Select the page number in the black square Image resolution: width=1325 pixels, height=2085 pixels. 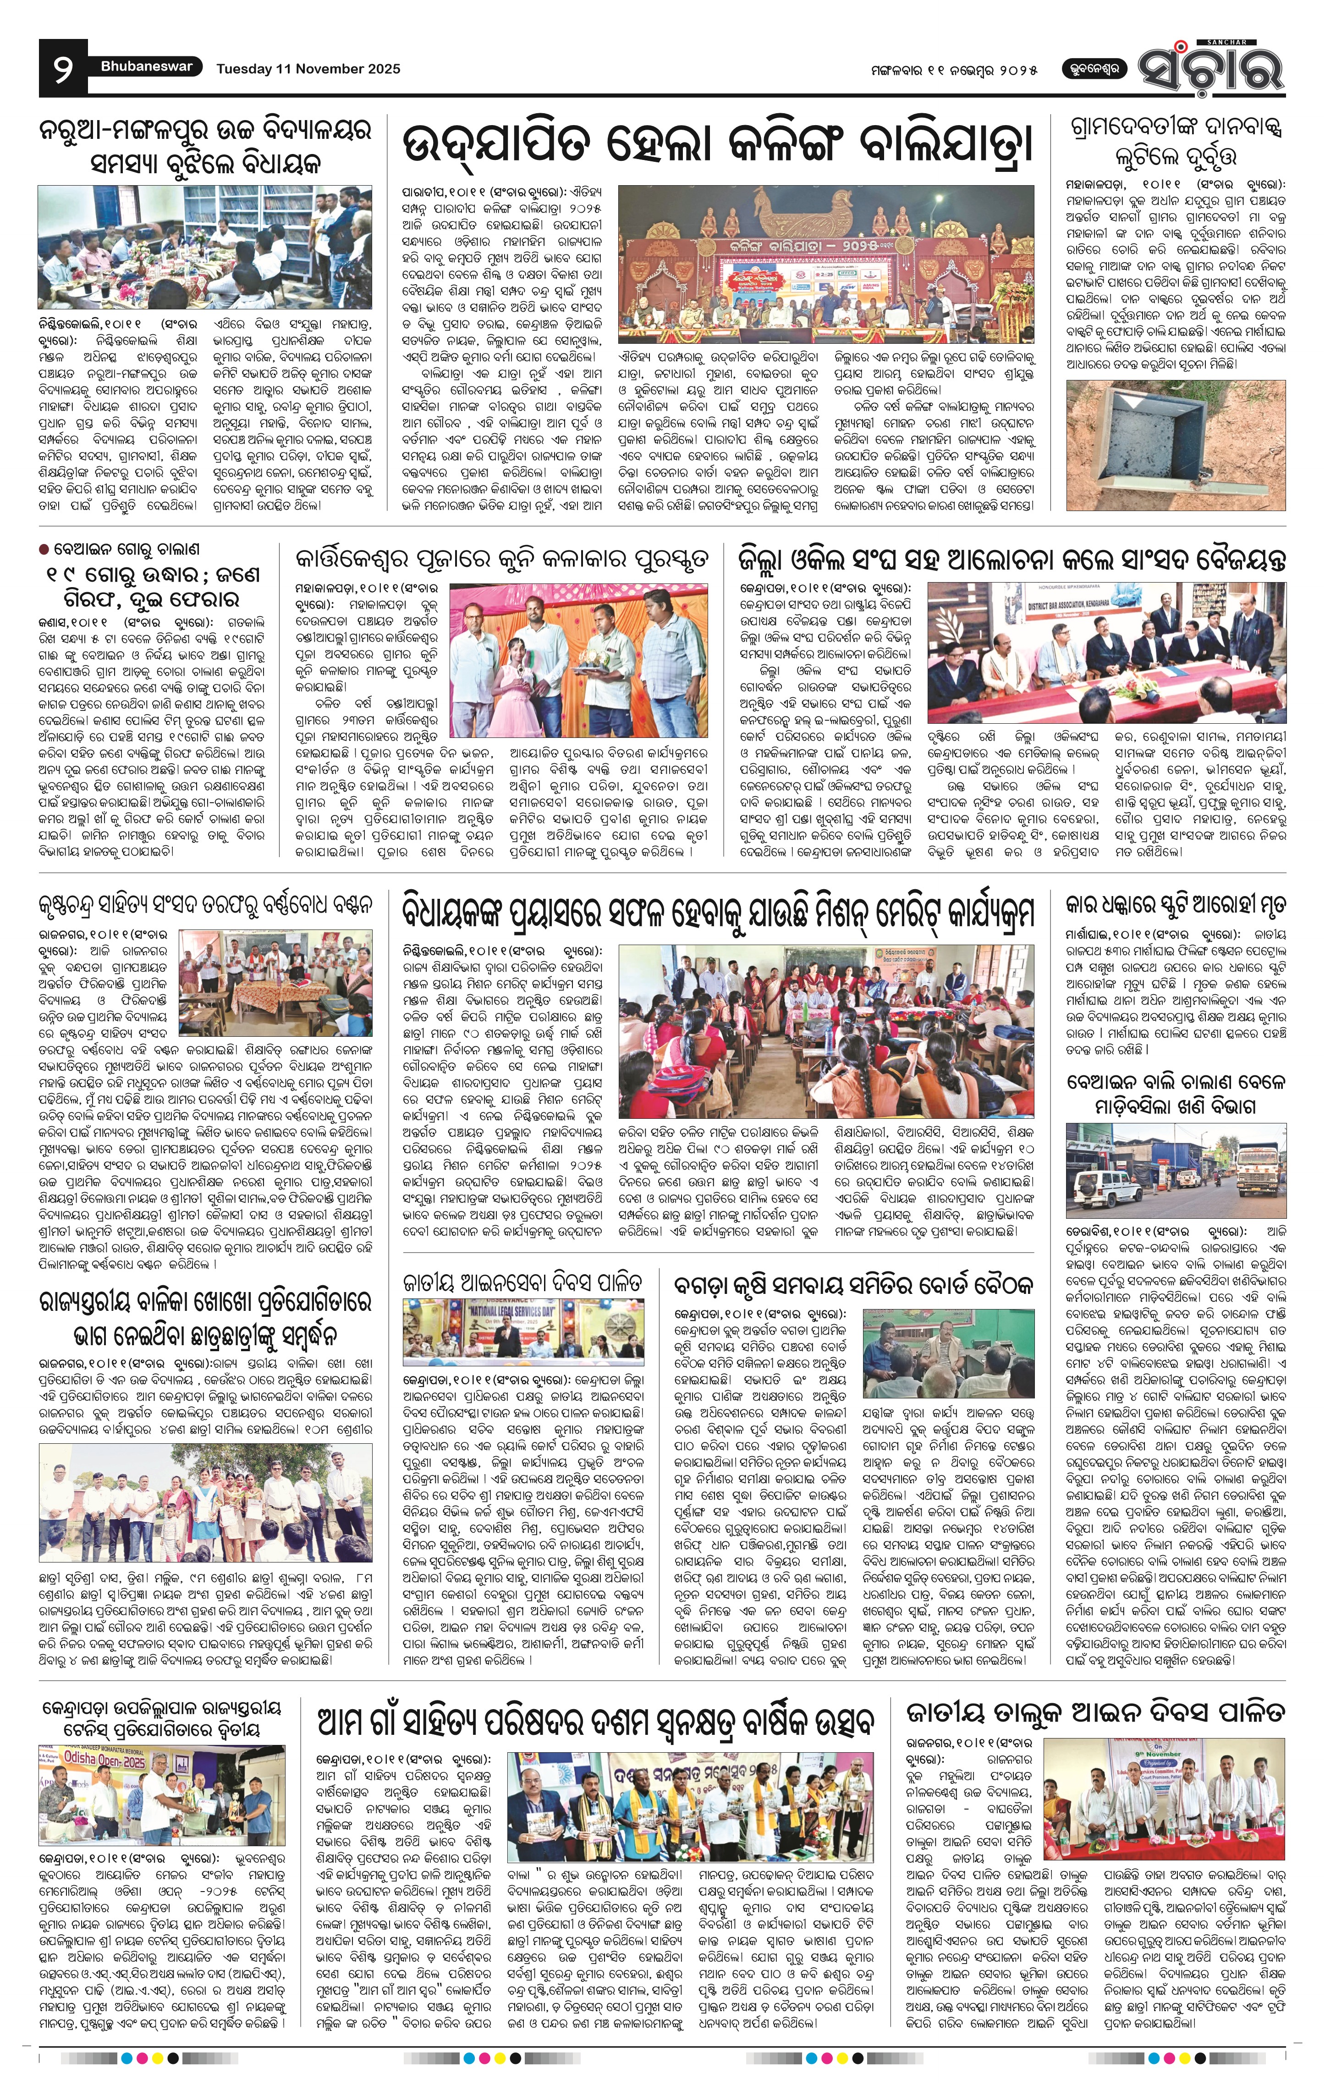[x=62, y=69]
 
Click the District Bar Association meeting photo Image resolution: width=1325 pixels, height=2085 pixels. [x=1107, y=653]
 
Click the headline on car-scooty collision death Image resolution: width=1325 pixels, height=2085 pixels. [x=1176, y=908]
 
